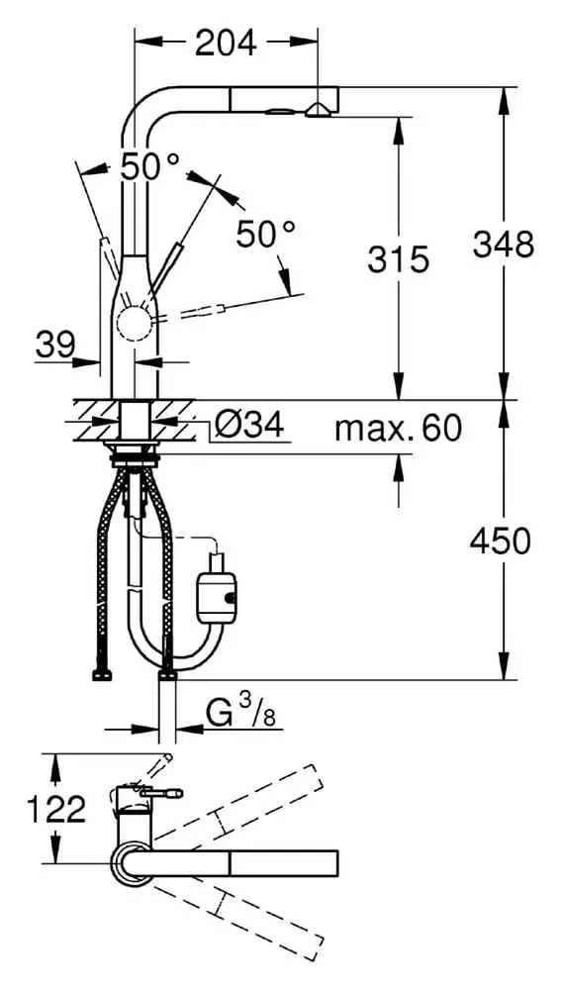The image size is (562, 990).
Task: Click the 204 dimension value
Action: click(226, 43)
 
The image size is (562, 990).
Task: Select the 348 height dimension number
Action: click(504, 245)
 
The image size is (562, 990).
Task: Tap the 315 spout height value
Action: click(398, 258)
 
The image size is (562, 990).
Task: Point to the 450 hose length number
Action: click(501, 542)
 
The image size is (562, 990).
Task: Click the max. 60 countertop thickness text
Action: click(399, 430)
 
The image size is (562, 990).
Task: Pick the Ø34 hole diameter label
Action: click(248, 425)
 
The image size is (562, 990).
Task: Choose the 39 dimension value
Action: click(54, 345)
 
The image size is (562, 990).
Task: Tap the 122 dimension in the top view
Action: click(56, 809)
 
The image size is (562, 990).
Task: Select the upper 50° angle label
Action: click(150, 167)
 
